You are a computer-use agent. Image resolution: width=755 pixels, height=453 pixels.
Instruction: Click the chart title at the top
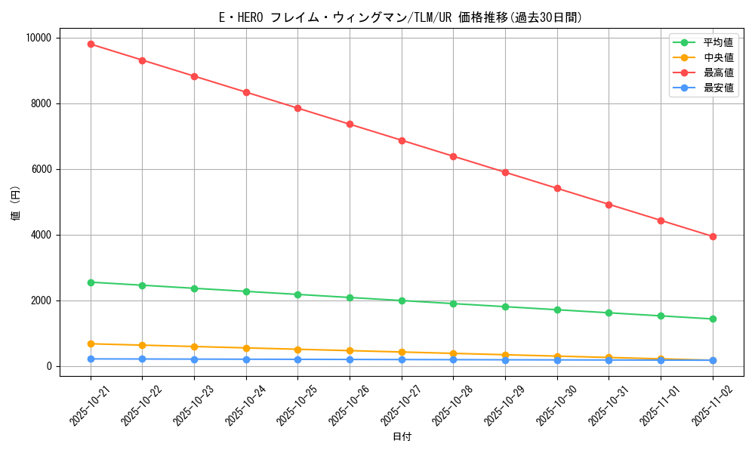(401, 17)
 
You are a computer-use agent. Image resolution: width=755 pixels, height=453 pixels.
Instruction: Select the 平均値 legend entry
(718, 42)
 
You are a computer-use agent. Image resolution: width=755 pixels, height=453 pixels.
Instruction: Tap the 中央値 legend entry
(718, 57)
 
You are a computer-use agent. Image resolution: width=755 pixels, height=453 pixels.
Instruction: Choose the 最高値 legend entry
(718, 72)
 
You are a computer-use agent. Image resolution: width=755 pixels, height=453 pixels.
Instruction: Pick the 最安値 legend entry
(718, 88)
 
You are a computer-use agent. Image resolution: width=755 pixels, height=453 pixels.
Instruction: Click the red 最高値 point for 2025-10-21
(91, 44)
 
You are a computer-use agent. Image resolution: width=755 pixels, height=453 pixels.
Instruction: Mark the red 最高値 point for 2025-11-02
(713, 236)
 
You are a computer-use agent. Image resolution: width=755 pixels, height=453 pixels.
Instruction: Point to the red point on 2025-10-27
(402, 140)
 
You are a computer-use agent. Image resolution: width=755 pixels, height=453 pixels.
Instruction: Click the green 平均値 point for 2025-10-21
(91, 282)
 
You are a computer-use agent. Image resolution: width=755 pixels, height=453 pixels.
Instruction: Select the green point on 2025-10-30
(557, 310)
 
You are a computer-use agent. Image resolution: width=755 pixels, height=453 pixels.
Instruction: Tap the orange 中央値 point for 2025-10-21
(91, 344)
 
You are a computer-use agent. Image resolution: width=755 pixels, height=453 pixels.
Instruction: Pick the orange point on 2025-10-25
(298, 350)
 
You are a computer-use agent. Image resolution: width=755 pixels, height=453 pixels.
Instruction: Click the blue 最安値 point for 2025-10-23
(194, 359)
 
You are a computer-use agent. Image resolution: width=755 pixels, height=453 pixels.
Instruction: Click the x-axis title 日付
(402, 436)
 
